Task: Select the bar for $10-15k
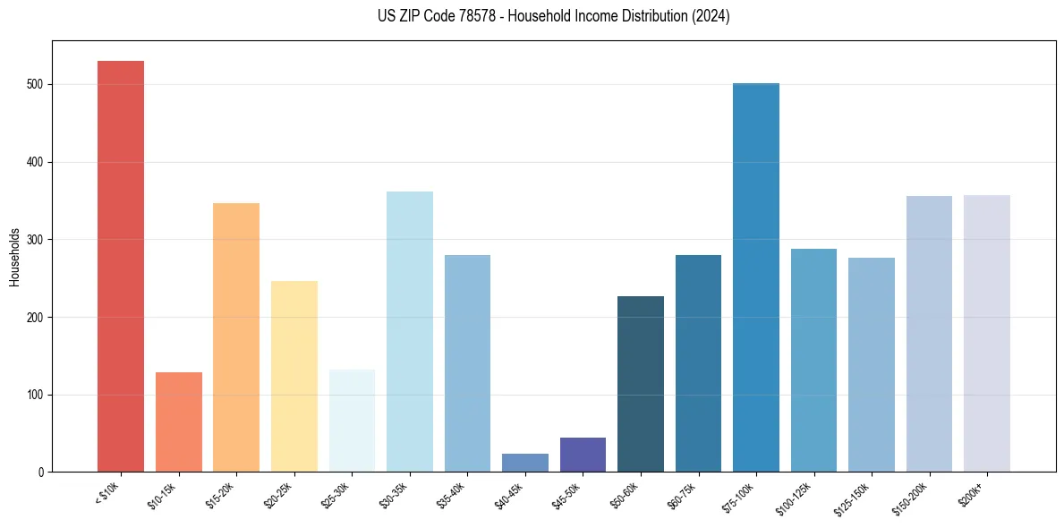pyautogui.click(x=178, y=422)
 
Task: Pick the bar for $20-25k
pyautogui.click(x=294, y=376)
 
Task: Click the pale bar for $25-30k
pyautogui.click(x=352, y=421)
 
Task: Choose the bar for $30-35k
pyautogui.click(x=409, y=331)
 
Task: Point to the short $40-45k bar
pyautogui.click(x=524, y=463)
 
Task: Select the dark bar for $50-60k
pyautogui.click(x=641, y=384)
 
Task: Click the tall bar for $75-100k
pyautogui.click(x=756, y=277)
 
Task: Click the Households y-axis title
pyautogui.click(x=14, y=257)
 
